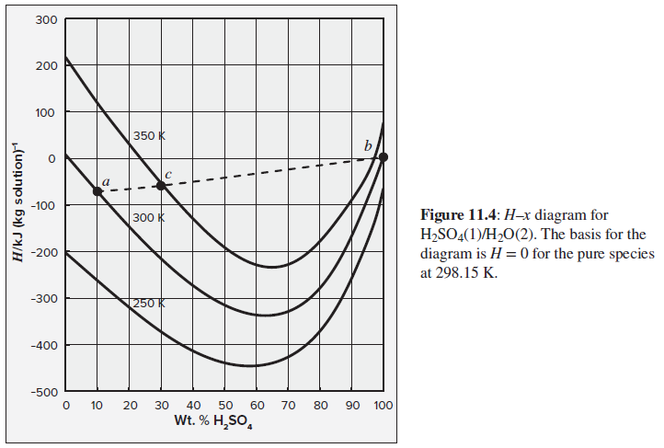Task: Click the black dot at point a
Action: [97, 190]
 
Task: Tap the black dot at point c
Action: [161, 185]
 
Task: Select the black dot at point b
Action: [384, 157]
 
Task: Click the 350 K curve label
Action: [149, 135]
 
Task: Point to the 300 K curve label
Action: [148, 218]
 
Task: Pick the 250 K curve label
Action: [148, 303]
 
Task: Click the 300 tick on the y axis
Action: [47, 20]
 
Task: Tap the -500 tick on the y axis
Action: [44, 393]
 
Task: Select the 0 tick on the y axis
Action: [52, 159]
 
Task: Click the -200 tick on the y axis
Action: [44, 252]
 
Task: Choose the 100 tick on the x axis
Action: [384, 405]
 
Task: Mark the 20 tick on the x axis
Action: [129, 405]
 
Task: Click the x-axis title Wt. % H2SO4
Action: [224, 423]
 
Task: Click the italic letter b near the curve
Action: [369, 145]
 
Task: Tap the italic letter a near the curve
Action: [106, 183]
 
